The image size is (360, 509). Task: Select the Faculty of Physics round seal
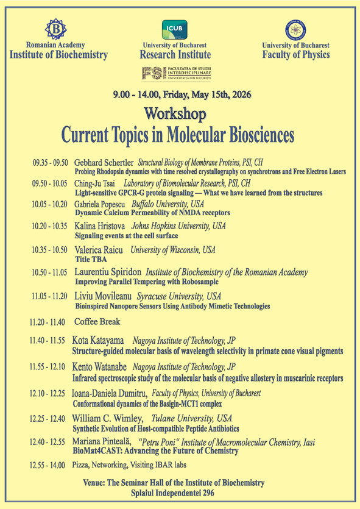[295, 30]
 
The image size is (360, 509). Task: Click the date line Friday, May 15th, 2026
[182, 94]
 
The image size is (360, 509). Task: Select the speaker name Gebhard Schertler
[104, 163]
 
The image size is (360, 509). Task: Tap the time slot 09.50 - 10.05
[49, 183]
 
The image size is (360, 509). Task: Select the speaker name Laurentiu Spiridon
[107, 272]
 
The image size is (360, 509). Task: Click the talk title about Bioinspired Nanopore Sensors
[172, 306]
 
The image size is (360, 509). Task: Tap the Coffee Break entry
[97, 321]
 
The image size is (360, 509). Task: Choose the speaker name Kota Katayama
[99, 341]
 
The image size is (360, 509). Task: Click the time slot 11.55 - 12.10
[48, 368]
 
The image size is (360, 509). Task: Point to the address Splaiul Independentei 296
[173, 493]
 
